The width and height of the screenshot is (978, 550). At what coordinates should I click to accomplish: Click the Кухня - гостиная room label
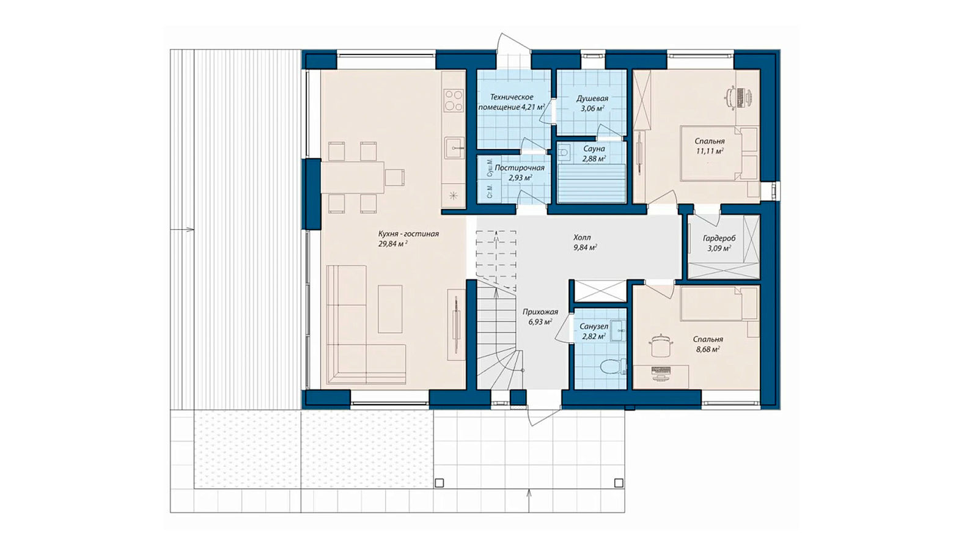408,238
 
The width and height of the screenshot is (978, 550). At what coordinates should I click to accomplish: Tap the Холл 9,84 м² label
585,242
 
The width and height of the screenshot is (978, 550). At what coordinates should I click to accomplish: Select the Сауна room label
594,153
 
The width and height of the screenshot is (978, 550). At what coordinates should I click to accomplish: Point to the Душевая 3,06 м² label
592,103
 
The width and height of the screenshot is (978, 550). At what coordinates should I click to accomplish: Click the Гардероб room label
719,243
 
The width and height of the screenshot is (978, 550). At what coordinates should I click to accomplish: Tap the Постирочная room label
520,172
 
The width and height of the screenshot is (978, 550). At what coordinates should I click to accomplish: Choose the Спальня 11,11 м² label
710,146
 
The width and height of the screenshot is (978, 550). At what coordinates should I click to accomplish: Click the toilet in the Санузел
613,366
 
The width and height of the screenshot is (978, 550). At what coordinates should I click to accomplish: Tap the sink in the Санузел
618,331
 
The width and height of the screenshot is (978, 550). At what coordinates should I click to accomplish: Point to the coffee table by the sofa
390,309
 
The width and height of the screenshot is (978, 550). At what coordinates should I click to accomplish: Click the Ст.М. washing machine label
490,192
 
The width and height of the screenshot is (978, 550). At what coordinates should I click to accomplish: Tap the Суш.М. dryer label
490,168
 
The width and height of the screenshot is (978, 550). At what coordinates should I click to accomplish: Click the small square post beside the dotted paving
439,483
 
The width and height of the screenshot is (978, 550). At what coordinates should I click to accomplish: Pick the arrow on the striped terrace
182,229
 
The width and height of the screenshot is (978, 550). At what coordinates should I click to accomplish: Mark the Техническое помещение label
511,102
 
